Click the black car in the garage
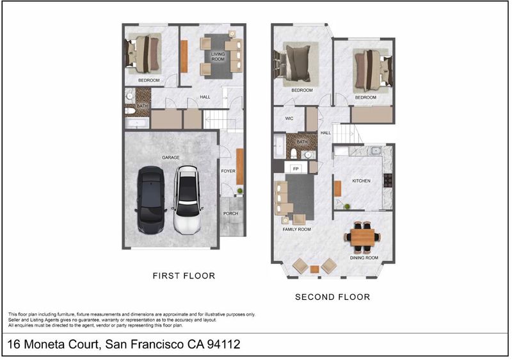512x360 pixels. [x=150, y=200]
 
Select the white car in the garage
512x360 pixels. [x=188, y=200]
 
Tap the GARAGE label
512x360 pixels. [x=171, y=158]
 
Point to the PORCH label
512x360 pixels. [x=231, y=214]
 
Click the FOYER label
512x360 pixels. [x=228, y=171]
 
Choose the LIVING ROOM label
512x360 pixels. [x=218, y=56]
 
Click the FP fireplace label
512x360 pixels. [x=296, y=169]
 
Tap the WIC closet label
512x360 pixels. [x=289, y=119]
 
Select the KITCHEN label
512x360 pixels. [x=362, y=181]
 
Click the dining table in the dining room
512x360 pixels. [x=362, y=238]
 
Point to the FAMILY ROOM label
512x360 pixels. [x=297, y=229]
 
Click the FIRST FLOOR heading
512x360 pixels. [x=184, y=275]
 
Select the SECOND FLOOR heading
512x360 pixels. [x=333, y=297]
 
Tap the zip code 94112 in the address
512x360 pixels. [x=223, y=345]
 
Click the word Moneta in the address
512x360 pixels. [x=45, y=345]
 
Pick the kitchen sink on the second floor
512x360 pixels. [x=376, y=151]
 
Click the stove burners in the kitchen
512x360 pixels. [x=388, y=180]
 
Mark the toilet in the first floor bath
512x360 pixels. [x=130, y=111]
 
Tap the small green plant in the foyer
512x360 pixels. [x=240, y=191]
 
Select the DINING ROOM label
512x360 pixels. [x=364, y=258]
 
